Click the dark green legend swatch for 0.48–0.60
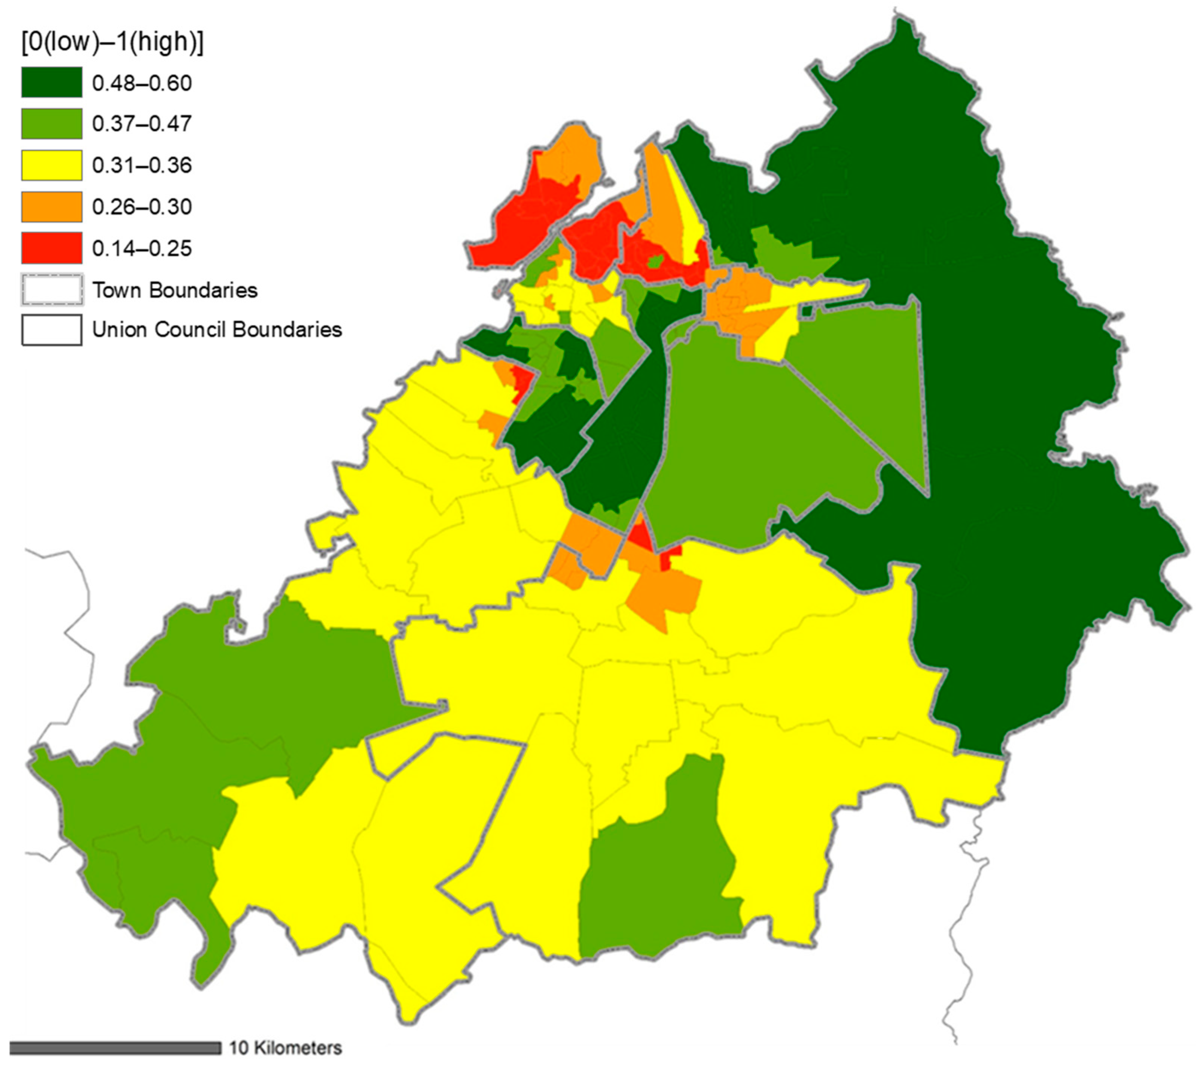tap(52, 82)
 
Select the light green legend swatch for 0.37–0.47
tap(52, 123)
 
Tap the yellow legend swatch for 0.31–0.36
tap(52, 165)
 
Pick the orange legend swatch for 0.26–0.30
tap(52, 207)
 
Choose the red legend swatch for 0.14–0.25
tap(52, 248)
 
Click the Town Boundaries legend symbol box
tap(52, 290)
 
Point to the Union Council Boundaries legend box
tap(52, 330)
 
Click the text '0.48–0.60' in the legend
tap(142, 83)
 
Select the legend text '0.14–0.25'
tap(142, 249)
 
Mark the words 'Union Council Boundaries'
tap(217, 330)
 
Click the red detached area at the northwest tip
tap(515, 222)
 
